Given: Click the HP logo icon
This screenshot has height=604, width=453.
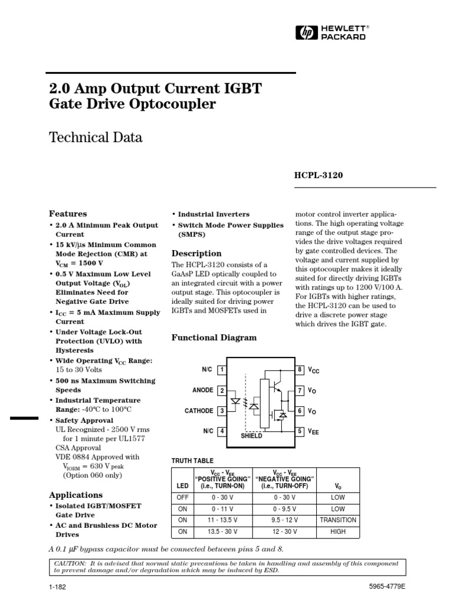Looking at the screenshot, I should tap(307, 32).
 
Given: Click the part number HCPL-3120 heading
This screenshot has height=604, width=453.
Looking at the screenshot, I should tap(319, 175).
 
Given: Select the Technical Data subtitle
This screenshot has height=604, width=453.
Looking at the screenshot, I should tap(95, 138).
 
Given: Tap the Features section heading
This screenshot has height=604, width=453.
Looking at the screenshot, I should tap(68, 214).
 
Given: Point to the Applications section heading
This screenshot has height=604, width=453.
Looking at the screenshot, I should tap(75, 495).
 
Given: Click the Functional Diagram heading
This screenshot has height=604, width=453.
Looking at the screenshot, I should tap(214, 337).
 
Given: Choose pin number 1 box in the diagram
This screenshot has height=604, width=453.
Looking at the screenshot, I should tap(222, 370).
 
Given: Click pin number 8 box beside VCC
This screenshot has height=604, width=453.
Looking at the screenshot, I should tap(300, 370).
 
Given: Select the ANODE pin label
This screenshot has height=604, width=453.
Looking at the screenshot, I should tap(202, 390).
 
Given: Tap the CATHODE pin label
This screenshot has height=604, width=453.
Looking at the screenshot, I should tap(199, 411).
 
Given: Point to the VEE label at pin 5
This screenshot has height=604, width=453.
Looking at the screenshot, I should tap(313, 432).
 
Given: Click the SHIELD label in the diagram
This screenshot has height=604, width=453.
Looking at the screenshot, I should tap(251, 436).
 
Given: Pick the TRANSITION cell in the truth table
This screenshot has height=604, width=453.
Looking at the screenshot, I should tap(338, 520).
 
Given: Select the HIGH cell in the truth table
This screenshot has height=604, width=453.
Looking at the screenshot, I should tap(338, 531).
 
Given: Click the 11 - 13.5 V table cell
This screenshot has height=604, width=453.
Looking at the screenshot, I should tap(223, 520).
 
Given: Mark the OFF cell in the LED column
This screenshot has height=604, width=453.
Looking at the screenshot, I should tap(182, 497).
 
